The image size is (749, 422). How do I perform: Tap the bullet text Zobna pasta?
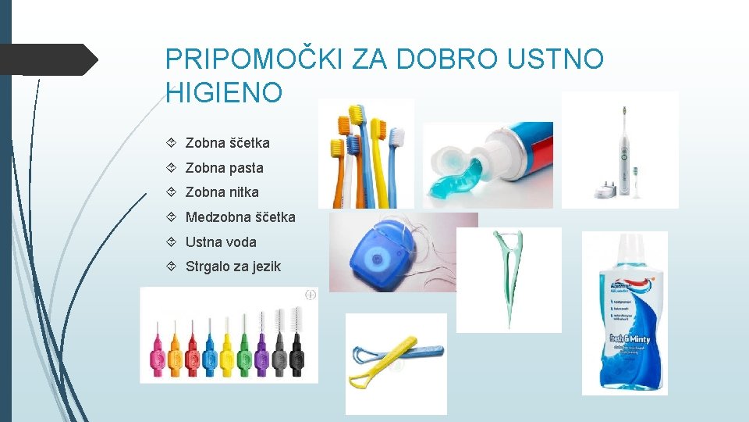(x=224, y=168)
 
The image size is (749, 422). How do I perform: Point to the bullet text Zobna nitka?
(x=222, y=192)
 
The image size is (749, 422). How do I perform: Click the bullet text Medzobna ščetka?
(x=240, y=217)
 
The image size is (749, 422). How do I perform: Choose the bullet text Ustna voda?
(x=221, y=242)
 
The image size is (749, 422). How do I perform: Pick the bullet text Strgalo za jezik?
(x=233, y=267)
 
